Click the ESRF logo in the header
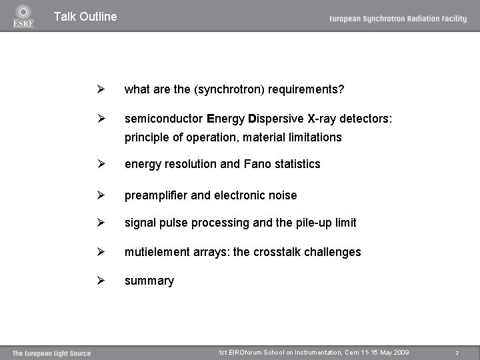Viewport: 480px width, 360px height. [23, 16]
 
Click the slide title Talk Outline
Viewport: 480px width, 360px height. [85, 17]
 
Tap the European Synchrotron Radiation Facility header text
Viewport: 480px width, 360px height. [397, 19]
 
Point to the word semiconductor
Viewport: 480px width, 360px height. [163, 119]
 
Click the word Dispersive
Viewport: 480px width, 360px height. [276, 119]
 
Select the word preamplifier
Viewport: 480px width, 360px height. [156, 195]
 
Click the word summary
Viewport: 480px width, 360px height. [149, 281]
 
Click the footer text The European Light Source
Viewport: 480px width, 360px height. [51, 353]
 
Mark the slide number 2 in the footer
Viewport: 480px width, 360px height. [457, 353]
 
